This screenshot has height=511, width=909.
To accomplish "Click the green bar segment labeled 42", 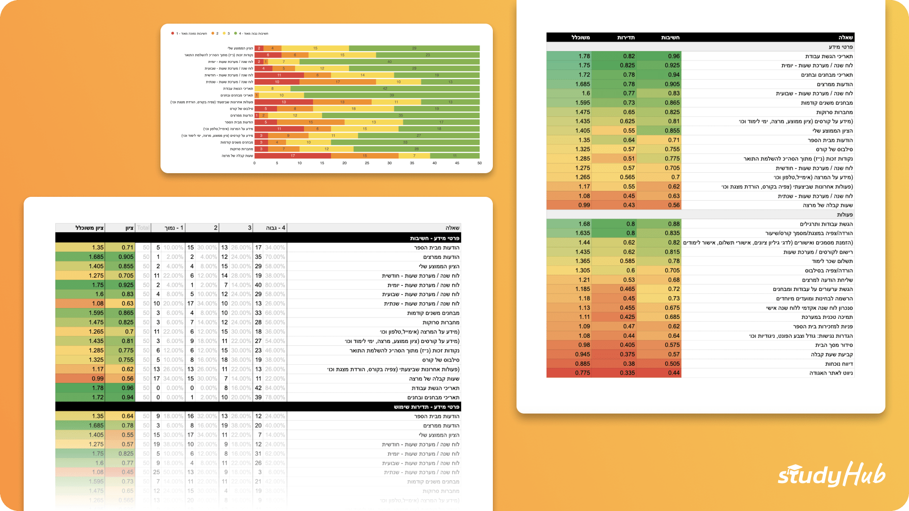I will click(385, 88).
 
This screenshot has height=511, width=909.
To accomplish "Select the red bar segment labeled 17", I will click(293, 156).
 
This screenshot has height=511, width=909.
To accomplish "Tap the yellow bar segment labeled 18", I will click(353, 109).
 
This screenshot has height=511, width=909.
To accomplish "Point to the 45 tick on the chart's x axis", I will click(457, 163).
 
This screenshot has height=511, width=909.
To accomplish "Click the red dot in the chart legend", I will click(173, 34).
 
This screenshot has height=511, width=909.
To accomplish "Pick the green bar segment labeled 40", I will click(390, 62).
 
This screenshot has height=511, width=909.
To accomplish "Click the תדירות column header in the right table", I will click(625, 37).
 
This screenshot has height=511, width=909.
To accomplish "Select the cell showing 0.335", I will click(627, 373).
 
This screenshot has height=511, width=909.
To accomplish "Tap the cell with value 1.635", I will click(582, 233).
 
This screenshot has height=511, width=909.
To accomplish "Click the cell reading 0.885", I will click(582, 364).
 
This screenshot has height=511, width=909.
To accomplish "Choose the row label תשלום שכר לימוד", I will click(832, 261).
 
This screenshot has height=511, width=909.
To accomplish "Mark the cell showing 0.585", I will click(627, 261).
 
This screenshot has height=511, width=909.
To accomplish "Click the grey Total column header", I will click(143, 228).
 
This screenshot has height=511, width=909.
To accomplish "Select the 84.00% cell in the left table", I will click(275, 388).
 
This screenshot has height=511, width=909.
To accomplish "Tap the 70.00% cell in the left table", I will click(275, 257).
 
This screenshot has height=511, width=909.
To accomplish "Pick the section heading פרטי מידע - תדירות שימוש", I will click(426, 407).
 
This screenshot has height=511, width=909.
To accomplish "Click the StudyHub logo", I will click(831, 475).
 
